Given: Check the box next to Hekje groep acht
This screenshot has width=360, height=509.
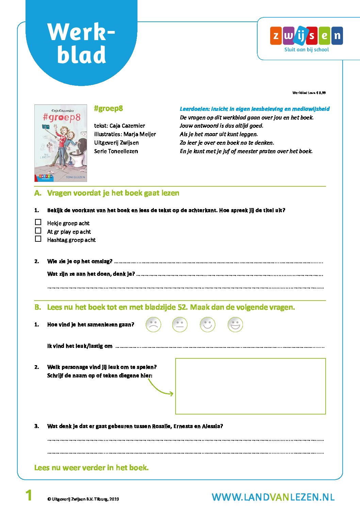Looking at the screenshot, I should coord(38,222).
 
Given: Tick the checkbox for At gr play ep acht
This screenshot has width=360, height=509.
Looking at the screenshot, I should coord(38,231).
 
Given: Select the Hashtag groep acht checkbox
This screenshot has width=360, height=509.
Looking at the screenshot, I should coord(38,239).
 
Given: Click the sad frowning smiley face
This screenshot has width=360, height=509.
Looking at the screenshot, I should coord(153,324).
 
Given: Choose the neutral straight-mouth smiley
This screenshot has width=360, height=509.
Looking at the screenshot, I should coord(180,324).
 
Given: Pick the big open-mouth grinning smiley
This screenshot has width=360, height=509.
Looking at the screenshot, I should coord(235,324).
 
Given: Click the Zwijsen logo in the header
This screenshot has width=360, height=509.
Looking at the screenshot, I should coord(306,36).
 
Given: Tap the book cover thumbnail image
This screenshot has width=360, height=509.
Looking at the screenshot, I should coord(61,143).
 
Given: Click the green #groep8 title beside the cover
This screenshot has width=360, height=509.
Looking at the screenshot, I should coord(109,108).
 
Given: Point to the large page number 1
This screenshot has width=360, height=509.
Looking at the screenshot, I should coord(29,495).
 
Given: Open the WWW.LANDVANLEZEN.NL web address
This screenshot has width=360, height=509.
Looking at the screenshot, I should coord(273,497).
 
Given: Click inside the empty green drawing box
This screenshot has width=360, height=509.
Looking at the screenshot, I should coord(250,386).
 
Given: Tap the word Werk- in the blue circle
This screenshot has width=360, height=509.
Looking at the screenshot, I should coord(81,32).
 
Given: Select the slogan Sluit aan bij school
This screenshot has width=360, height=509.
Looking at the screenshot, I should coord(306,50).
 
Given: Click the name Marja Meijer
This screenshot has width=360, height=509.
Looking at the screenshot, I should coord(140,134).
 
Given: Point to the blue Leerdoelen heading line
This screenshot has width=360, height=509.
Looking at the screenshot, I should coord(255,109).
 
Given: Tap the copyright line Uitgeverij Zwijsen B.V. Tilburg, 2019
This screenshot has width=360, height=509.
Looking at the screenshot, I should coord(83,499).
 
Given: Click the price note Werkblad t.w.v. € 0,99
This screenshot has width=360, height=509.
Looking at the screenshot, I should coord(309,92).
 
